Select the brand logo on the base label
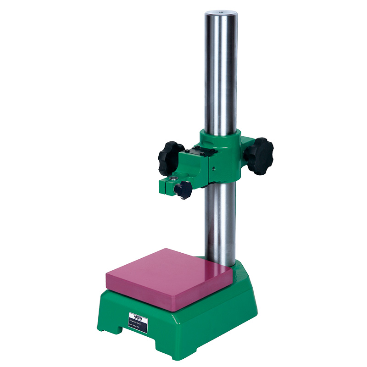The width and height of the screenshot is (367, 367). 137,315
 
